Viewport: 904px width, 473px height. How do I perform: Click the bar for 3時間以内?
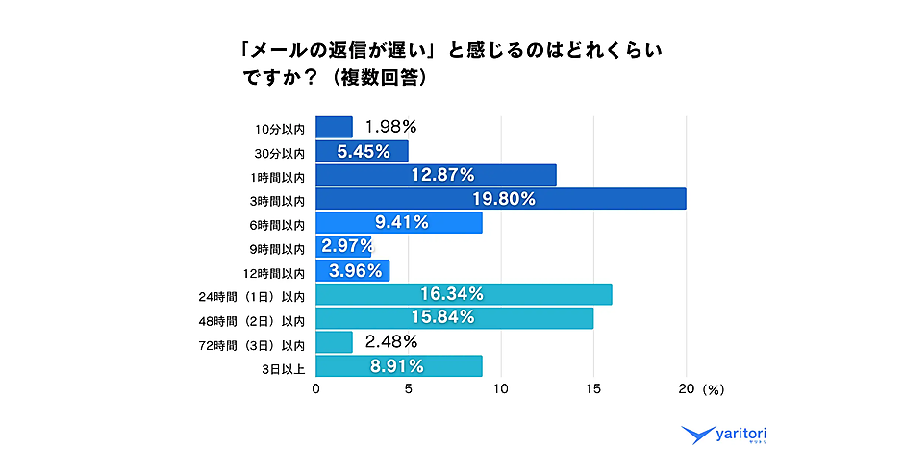click(x=500, y=199)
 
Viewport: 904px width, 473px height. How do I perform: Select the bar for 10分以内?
click(x=334, y=127)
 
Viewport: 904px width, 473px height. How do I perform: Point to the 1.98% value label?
click(x=389, y=126)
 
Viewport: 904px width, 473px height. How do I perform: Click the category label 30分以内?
click(x=279, y=152)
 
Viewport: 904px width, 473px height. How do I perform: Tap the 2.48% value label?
click(x=389, y=341)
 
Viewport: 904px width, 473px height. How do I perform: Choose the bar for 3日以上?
click(x=398, y=366)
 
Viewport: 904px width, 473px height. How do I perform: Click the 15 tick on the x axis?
click(x=593, y=389)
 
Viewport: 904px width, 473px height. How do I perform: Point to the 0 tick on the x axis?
click(x=315, y=389)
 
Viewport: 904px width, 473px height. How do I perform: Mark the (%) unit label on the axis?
click(x=714, y=390)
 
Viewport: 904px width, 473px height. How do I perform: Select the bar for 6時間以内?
click(x=398, y=223)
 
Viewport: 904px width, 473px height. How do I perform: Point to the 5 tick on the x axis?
click(x=408, y=389)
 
